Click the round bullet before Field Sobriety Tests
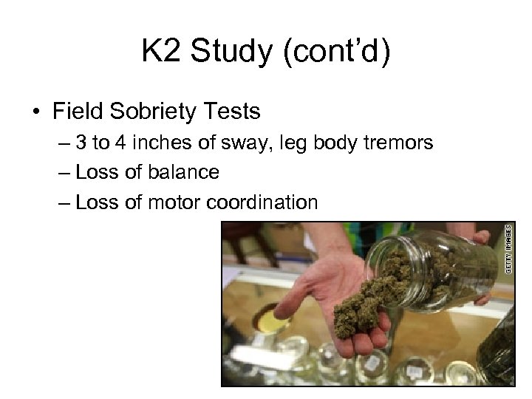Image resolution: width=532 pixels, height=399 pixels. [35, 112]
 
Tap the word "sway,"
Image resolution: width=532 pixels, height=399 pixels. [244, 143]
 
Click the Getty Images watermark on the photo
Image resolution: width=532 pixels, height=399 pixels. [508, 251]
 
